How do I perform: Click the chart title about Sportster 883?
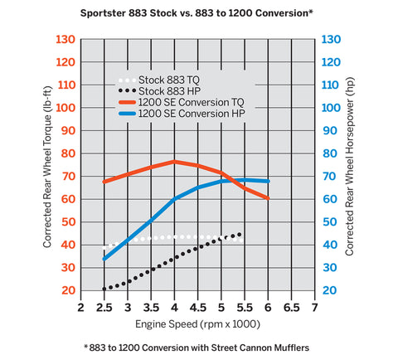coord(199,14)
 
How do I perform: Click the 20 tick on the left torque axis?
coord(67,290)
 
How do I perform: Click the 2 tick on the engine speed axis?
coord(80,307)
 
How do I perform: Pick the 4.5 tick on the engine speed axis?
coord(197,307)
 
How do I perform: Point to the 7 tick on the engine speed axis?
coord(315,307)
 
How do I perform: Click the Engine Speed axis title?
coord(197,324)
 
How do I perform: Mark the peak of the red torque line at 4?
coord(174,161)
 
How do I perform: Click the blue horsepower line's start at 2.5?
coord(104,259)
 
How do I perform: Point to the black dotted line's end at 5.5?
coord(244,233)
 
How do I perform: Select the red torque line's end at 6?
coord(267,198)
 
